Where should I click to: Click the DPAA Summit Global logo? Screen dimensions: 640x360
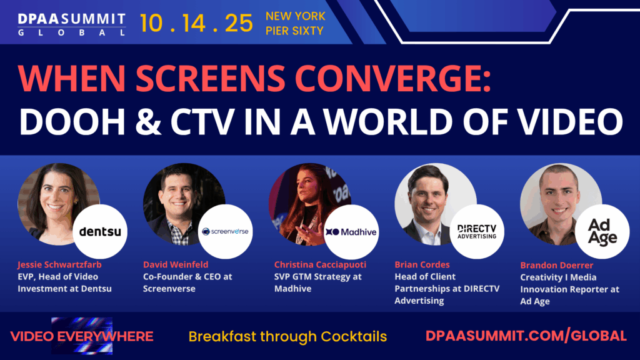tap(72, 24)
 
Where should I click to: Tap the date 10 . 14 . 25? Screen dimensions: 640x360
tap(196, 23)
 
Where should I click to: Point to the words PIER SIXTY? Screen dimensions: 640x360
tap(294, 31)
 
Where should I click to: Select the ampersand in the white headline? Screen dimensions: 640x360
tap(148, 122)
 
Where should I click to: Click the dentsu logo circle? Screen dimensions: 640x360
tap(100, 231)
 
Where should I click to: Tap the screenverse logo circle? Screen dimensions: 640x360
tap(225, 231)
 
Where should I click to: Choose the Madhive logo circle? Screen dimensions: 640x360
tap(351, 231)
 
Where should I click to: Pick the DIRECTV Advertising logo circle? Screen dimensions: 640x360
tap(477, 231)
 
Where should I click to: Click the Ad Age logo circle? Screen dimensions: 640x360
tap(602, 231)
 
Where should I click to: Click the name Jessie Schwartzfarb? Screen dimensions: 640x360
tap(59, 264)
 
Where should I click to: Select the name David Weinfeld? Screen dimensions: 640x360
tap(176, 264)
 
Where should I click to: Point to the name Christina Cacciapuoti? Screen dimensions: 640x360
tap(321, 264)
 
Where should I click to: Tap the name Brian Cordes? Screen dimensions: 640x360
tap(422, 264)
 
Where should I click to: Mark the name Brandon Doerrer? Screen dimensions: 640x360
tap(557, 265)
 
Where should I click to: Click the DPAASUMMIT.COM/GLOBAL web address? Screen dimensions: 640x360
tap(526, 336)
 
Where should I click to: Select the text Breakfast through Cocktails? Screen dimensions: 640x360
tap(287, 337)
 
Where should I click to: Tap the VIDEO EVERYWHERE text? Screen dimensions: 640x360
tap(82, 336)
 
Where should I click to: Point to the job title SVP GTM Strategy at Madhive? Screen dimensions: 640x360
tap(318, 282)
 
